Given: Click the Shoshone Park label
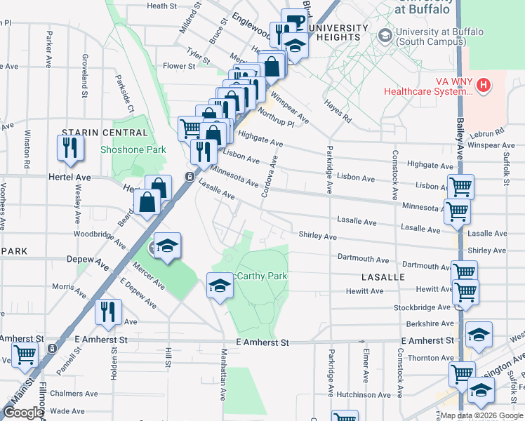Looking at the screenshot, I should pyautogui.click(x=133, y=149).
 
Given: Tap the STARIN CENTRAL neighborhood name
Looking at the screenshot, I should pyautogui.click(x=94, y=132).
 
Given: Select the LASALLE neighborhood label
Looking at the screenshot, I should pyautogui.click(x=383, y=277).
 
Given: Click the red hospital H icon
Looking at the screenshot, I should pyautogui.click(x=483, y=86).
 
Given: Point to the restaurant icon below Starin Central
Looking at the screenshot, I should pyautogui.click(x=70, y=147).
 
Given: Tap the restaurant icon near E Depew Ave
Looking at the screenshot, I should pyautogui.click(x=108, y=311).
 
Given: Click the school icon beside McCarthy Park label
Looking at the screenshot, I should pyautogui.click(x=220, y=286).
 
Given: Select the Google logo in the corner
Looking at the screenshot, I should pyautogui.click(x=24, y=413).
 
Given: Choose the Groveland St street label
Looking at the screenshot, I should pyautogui.click(x=84, y=74).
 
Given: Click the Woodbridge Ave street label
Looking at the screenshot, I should pyautogui.click(x=99, y=234).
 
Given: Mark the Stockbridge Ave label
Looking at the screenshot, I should pyautogui.click(x=422, y=307).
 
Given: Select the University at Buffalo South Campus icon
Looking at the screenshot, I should pyautogui.click(x=385, y=34).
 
